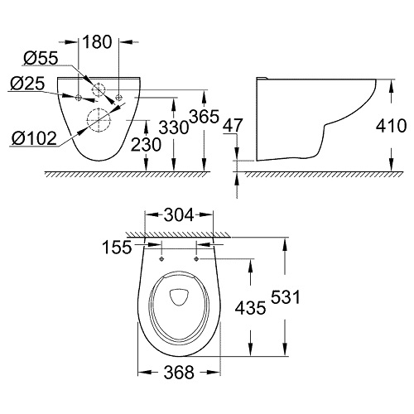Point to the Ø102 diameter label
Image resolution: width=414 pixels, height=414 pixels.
[34, 138]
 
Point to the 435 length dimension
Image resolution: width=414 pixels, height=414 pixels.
[249, 307]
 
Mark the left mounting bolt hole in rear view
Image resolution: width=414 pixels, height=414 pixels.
[79, 98]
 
